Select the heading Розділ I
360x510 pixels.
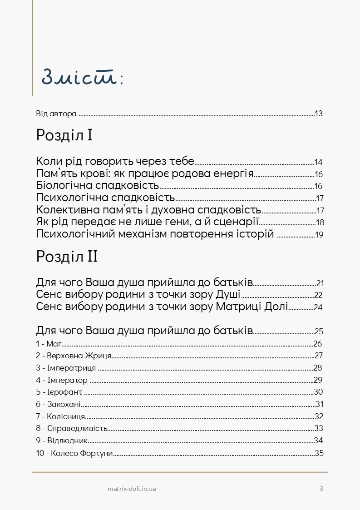[x=64, y=135]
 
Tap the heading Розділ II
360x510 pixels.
[x=67, y=257]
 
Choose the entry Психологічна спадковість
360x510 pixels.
[x=105, y=198]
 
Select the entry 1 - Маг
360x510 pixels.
[x=49, y=344]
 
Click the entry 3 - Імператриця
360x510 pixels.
[x=66, y=368]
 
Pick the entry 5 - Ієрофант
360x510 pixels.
[x=59, y=392]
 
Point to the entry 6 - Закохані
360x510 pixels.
[x=59, y=404]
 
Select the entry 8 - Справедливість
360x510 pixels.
[x=72, y=428]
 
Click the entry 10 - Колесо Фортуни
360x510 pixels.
[x=74, y=453]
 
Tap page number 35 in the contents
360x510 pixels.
[x=319, y=453]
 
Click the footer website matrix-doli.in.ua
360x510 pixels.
[x=133, y=489]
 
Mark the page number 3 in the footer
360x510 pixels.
[x=321, y=489]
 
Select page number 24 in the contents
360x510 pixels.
[x=318, y=307]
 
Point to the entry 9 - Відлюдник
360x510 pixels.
[x=62, y=441]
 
